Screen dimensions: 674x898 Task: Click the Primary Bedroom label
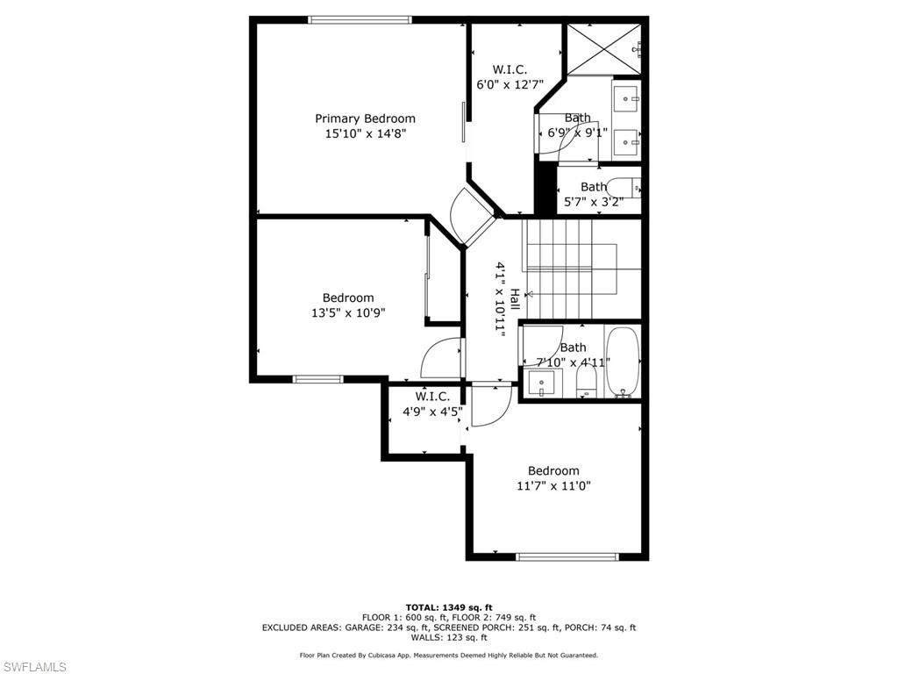(x=365, y=118)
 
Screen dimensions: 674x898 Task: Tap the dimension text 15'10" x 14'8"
(x=365, y=133)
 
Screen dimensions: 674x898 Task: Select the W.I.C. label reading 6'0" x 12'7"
(x=509, y=77)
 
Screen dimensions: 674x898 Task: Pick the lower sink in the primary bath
(x=627, y=139)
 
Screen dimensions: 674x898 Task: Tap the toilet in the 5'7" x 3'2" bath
(x=624, y=189)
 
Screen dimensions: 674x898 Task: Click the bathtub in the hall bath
(x=623, y=362)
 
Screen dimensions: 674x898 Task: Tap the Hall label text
(x=515, y=299)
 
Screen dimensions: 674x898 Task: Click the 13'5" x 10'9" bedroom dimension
(x=347, y=312)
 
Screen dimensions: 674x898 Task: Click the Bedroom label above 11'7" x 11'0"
(x=553, y=470)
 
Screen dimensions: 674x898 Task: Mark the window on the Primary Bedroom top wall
(x=360, y=19)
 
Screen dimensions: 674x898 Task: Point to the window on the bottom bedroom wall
(x=567, y=556)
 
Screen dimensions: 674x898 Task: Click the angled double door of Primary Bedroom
(x=474, y=218)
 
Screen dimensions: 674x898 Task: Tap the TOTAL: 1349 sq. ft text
(x=448, y=607)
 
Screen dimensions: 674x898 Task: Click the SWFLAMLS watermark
(x=35, y=667)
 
